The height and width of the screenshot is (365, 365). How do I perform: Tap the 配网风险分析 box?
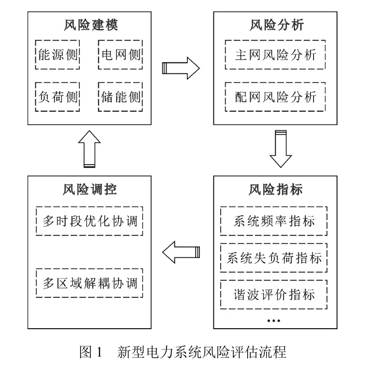pyautogui.click(x=275, y=97)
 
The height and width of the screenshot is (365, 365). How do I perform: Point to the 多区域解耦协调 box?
pyautogui.click(x=90, y=283)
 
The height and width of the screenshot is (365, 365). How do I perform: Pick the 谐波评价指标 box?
pyautogui.click(x=275, y=294)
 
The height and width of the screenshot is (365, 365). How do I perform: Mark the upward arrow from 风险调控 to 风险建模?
pyautogui.click(x=90, y=149)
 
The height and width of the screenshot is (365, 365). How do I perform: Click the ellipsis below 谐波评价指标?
pyautogui.click(x=273, y=321)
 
